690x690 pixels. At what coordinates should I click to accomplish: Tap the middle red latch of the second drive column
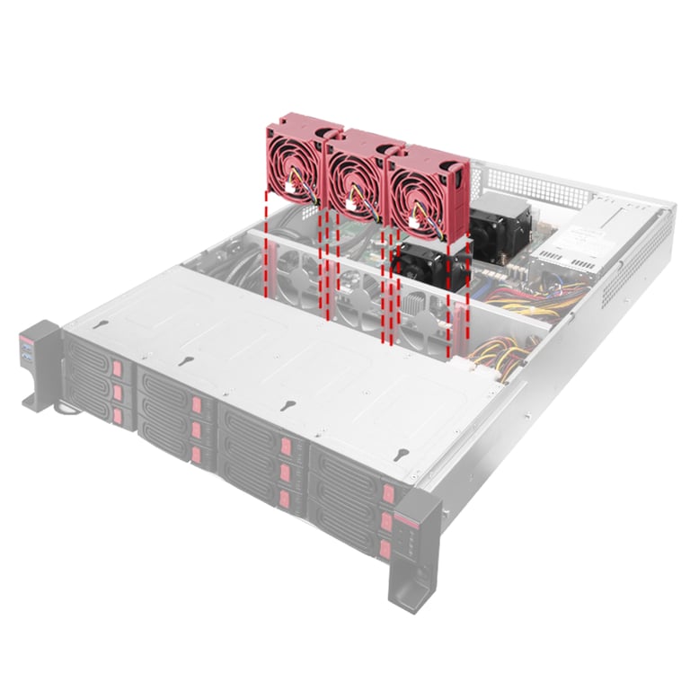(x=197, y=429)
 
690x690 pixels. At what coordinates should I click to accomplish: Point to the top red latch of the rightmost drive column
(x=387, y=493)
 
